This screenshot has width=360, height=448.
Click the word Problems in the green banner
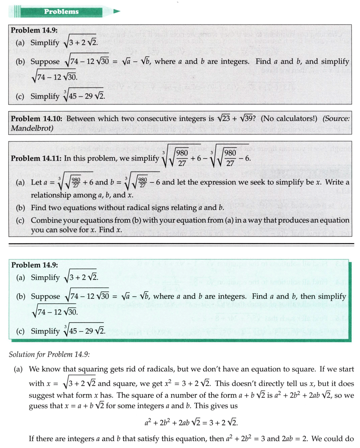pos(61,11)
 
